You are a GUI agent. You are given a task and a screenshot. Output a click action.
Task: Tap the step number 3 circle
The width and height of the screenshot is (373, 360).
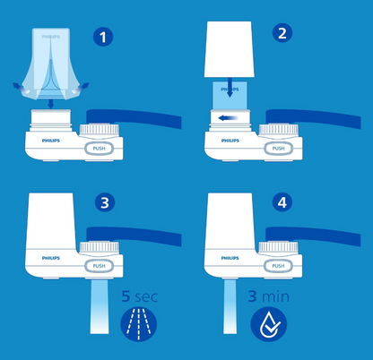pyautogui.click(x=104, y=204)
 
